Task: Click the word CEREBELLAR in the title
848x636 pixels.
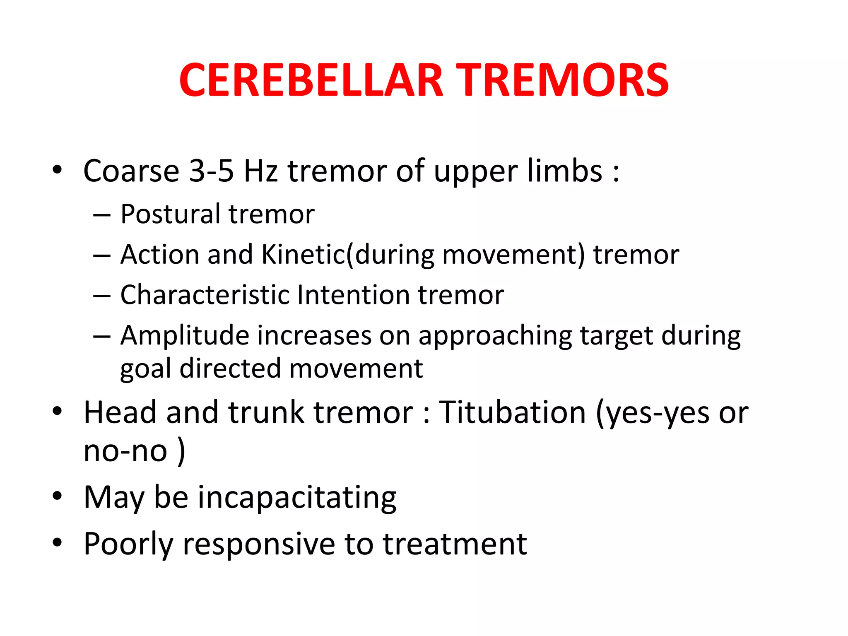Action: (311, 81)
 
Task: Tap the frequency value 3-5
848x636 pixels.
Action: (211, 171)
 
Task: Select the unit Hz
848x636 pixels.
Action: (260, 171)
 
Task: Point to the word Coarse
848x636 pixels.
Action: (131, 171)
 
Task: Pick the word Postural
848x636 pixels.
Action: (170, 214)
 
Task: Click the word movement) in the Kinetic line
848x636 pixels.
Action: (513, 254)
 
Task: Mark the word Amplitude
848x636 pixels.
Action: (184, 335)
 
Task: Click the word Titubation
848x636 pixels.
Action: (512, 412)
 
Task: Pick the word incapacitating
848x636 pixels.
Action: (297, 497)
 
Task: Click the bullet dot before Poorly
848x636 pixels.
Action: (57, 542)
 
